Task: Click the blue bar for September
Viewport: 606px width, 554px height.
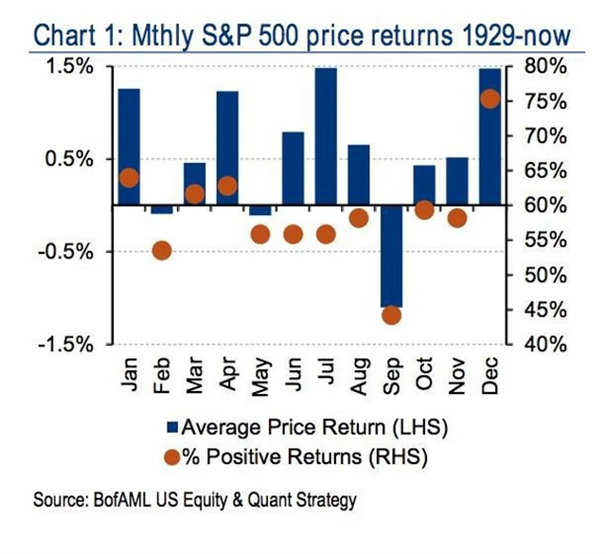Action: pyautogui.click(x=391, y=256)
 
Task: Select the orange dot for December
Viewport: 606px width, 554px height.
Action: pyautogui.click(x=490, y=98)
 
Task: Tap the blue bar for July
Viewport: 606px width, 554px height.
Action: pyautogui.click(x=326, y=136)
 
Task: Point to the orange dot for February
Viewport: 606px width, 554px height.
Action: pyautogui.click(x=161, y=251)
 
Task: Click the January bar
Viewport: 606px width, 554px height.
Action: pyautogui.click(x=129, y=147)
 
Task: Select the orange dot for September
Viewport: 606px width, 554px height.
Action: pyautogui.click(x=392, y=314)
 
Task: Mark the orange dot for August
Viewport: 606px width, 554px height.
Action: pyautogui.click(x=359, y=219)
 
